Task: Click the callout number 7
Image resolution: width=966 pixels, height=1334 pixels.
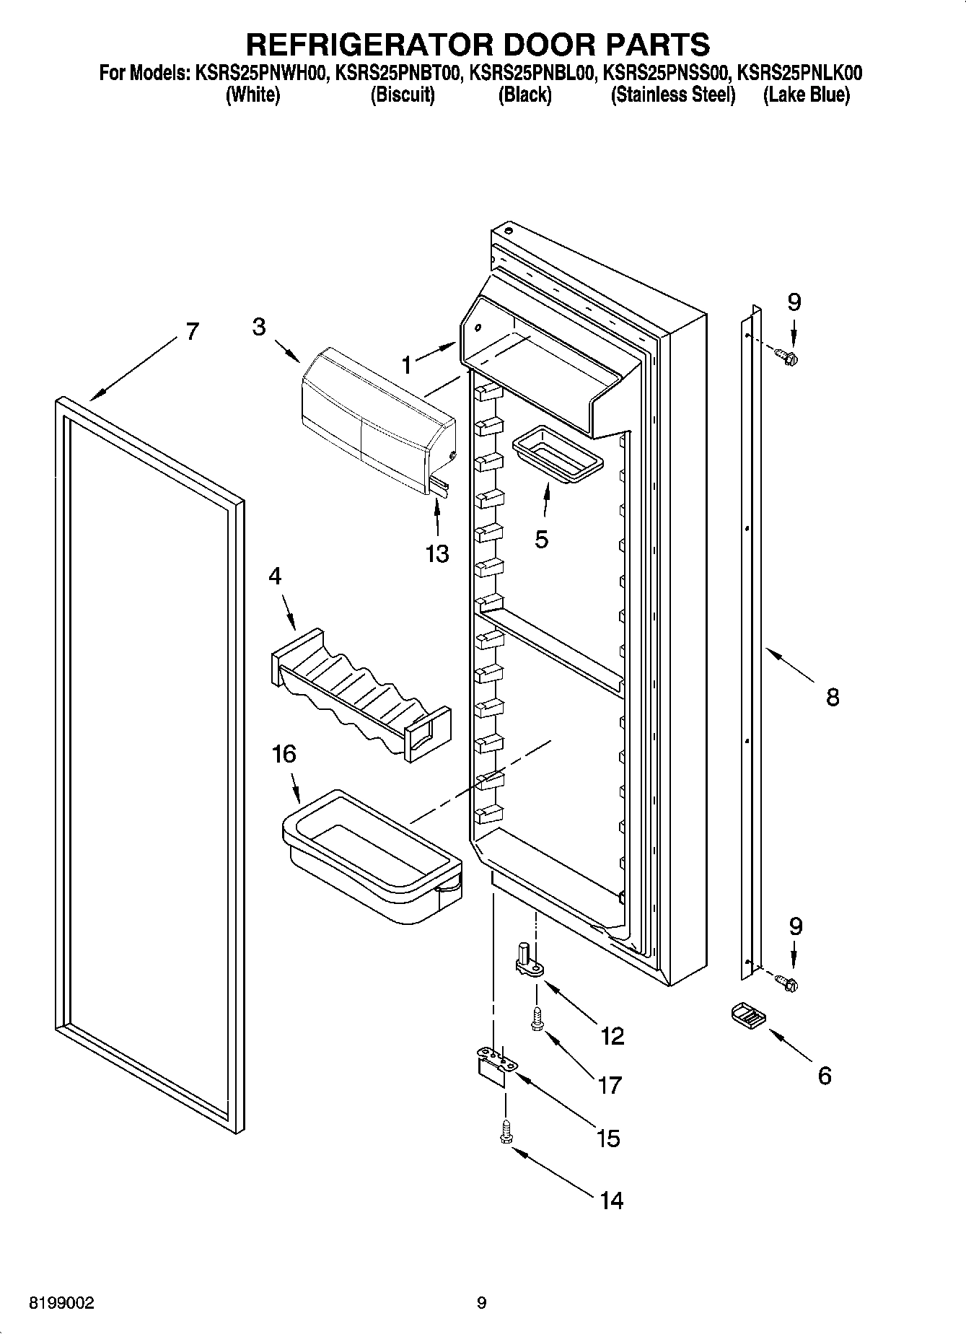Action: tap(190, 331)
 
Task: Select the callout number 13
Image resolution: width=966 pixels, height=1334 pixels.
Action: tap(437, 553)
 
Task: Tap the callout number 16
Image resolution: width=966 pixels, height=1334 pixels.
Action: tap(284, 755)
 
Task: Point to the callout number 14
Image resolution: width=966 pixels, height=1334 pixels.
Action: tap(610, 1200)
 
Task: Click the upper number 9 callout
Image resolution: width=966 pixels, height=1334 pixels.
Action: tap(794, 302)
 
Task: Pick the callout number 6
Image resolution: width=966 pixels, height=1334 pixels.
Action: tap(824, 1076)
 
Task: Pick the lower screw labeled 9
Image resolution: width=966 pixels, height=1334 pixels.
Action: tap(786, 981)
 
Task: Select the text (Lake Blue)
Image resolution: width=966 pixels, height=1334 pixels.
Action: tap(806, 95)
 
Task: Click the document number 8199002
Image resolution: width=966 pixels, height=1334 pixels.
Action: tap(61, 1304)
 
